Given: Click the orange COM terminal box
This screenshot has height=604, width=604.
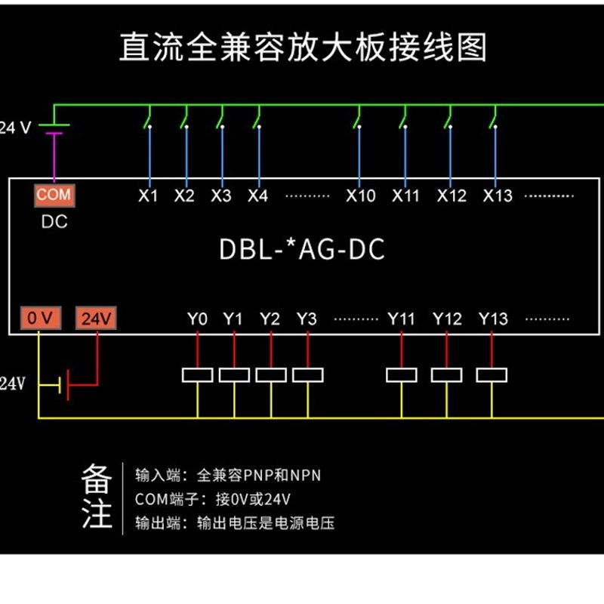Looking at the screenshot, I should click(x=54, y=195).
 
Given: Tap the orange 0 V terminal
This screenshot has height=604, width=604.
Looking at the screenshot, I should click(x=39, y=319).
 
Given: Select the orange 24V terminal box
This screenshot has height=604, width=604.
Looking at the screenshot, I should click(x=97, y=319).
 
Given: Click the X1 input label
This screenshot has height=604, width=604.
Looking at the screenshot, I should click(x=148, y=196).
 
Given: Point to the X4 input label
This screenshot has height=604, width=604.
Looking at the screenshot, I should click(x=258, y=196).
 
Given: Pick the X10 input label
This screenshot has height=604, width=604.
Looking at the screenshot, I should click(x=360, y=196).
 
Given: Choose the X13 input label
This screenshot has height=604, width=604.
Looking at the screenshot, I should click(x=497, y=196).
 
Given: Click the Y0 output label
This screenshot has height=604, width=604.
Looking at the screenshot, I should click(x=197, y=319).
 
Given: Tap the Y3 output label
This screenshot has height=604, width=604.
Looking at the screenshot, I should click(x=307, y=319).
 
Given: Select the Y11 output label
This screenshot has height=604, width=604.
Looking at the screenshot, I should click(x=401, y=319).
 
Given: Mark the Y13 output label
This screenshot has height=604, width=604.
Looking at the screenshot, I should click(x=492, y=319).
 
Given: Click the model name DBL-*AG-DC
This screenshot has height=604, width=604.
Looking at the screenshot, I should click(x=302, y=250).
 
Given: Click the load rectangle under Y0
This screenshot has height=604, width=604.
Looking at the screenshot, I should click(x=198, y=374).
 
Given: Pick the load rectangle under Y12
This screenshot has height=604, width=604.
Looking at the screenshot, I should click(x=446, y=374).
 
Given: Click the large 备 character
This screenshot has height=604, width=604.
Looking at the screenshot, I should click(x=97, y=479).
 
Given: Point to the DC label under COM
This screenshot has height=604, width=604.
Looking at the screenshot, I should click(x=54, y=221).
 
